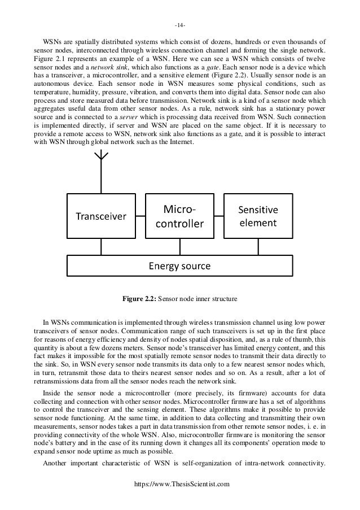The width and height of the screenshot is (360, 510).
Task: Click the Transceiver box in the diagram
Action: click(x=102, y=216)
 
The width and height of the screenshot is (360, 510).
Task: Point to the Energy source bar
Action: click(x=179, y=265)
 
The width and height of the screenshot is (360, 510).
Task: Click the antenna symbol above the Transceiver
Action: click(x=102, y=169)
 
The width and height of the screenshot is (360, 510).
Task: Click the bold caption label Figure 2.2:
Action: click(x=139, y=299)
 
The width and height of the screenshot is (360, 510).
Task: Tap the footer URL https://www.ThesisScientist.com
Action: click(x=179, y=499)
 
